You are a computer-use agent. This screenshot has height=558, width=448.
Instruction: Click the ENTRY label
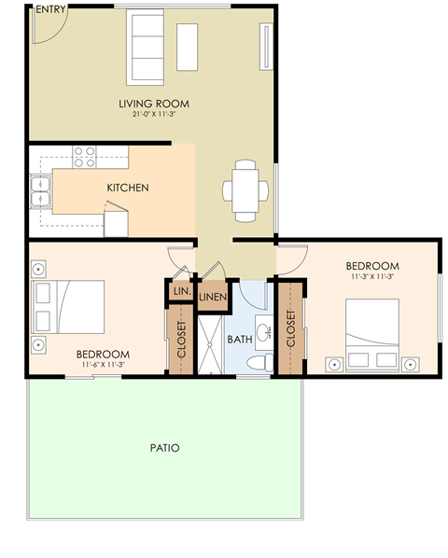coord(49,11)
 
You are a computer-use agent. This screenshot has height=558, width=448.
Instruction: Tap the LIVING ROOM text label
coord(154,104)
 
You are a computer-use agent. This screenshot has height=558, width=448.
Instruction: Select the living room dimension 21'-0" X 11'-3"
coord(154,115)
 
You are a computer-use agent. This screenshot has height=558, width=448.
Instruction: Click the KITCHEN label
coord(128,188)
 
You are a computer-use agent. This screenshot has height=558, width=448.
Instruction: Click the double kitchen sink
coord(40,190)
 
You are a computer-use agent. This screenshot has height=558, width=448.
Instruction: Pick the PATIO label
coord(164,448)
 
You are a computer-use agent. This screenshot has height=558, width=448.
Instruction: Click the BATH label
coord(239,338)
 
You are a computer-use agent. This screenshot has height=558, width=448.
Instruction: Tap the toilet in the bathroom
coord(262,361)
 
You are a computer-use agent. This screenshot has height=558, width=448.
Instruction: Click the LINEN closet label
coord(214,297)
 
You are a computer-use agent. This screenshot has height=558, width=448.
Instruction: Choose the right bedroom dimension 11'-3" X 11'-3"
coord(374,277)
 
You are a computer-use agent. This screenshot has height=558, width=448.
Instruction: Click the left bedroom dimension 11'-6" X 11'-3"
coord(102,365)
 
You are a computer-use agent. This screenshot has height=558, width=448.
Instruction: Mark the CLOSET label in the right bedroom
coord(290,328)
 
